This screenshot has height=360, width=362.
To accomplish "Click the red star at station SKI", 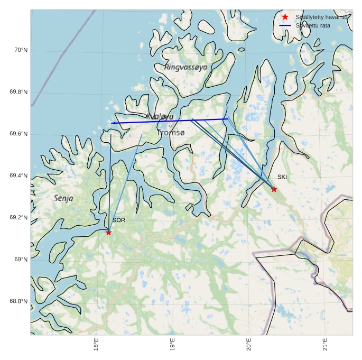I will [274, 189].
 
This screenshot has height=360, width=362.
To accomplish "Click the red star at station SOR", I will [108, 233].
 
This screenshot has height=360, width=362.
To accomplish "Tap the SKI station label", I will [282, 177].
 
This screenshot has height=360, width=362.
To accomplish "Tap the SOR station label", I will [119, 220].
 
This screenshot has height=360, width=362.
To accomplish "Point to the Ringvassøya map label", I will [186, 67].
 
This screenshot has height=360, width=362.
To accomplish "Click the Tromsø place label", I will [171, 133].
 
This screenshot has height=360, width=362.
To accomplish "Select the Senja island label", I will [64, 198].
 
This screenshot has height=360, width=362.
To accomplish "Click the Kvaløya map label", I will [160, 116].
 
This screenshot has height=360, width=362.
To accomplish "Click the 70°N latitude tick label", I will [21, 50].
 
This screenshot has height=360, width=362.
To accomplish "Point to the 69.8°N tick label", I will [18, 92].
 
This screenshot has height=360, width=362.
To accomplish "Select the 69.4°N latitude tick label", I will [18, 176].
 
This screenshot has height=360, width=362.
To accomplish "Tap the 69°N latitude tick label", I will [21, 259].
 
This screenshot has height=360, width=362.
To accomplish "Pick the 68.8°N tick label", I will [18, 301].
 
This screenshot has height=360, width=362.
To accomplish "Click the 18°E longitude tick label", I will [96, 345].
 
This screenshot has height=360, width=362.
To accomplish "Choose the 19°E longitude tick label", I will [172, 345].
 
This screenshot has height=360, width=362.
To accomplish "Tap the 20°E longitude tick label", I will [248, 345].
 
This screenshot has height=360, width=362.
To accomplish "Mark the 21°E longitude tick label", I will [325, 345].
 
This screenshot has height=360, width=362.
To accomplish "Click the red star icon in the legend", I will [285, 17].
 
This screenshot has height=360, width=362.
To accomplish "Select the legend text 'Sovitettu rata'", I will [313, 25].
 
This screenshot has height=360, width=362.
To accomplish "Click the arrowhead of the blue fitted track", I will [113, 123].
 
